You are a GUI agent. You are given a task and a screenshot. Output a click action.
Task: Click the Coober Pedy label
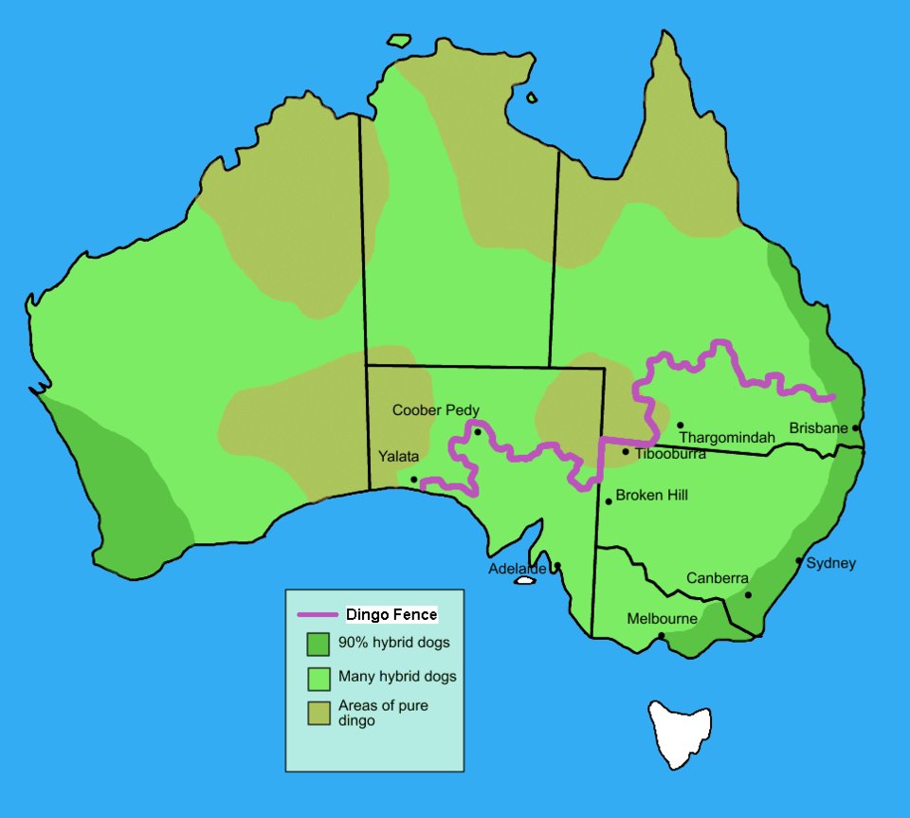(x=436, y=410)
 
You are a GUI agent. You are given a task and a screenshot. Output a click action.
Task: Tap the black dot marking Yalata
(x=413, y=480)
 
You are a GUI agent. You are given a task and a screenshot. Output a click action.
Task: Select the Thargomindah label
(x=727, y=437)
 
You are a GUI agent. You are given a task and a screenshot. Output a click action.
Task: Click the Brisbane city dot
(x=855, y=427)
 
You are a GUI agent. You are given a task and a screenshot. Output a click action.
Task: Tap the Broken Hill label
(x=651, y=495)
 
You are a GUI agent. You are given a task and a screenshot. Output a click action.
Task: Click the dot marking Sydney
(x=799, y=561)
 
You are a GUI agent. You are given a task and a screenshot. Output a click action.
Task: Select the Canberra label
(x=718, y=578)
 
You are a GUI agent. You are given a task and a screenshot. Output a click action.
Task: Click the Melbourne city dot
(x=662, y=635)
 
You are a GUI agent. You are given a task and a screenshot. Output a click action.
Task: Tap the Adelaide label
(x=517, y=569)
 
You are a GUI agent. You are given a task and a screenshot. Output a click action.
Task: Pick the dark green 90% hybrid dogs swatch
(x=318, y=645)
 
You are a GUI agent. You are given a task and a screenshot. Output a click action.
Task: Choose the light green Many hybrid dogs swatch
(x=318, y=679)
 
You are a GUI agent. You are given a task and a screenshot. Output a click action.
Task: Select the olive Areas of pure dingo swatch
(x=318, y=714)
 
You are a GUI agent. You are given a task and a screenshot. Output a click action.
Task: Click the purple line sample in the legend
(x=318, y=615)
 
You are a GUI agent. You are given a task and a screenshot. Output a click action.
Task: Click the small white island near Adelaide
(x=524, y=581)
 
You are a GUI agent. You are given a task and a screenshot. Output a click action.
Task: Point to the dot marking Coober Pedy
(x=478, y=432)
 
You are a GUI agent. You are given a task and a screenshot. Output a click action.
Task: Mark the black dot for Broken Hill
(x=608, y=501)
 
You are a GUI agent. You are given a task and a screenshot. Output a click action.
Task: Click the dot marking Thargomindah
(x=680, y=426)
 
